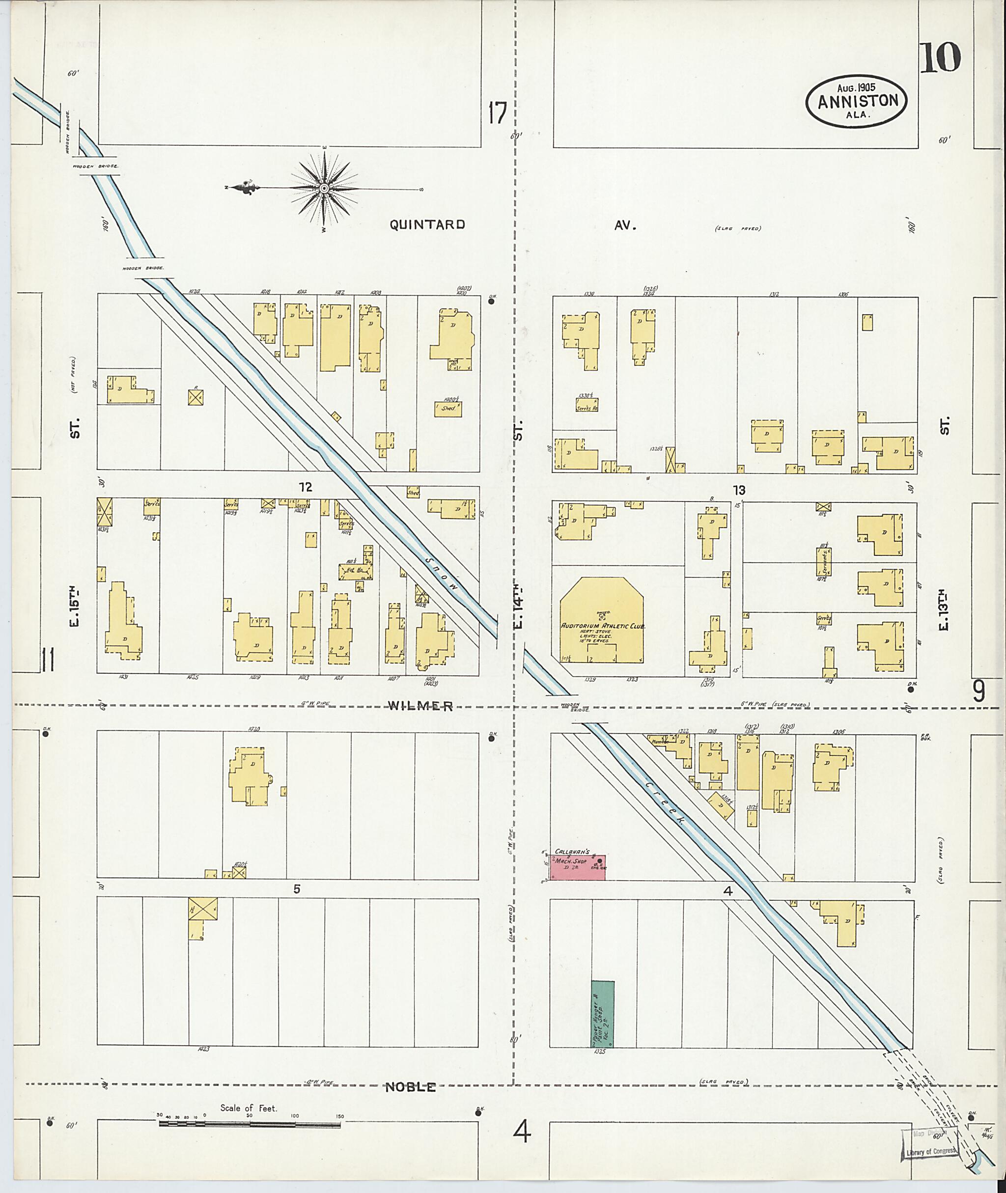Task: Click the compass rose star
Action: point(323,188)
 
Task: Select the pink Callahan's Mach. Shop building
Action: point(576,867)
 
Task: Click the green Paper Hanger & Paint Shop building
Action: point(602,1014)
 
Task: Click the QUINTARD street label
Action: point(427,224)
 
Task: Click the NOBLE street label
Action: point(411,1087)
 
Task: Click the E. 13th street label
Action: point(944,610)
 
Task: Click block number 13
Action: point(739,490)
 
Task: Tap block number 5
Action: point(297,888)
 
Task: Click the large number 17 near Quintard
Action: point(497,113)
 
